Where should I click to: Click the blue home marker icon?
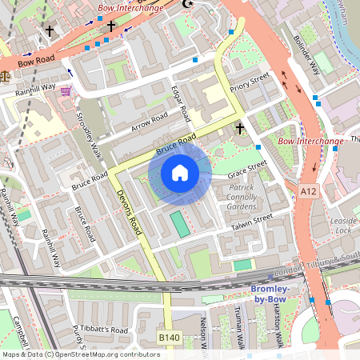pyautogui.click(x=180, y=173)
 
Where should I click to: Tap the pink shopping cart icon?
pyautogui.click(x=66, y=91)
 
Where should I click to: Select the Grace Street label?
pyautogui.click(x=246, y=169)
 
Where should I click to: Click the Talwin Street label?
pyautogui.click(x=252, y=220)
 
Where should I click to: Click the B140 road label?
pyautogui.click(x=170, y=338)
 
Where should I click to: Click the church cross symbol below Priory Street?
pyautogui.click(x=239, y=128)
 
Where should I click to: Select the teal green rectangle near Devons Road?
pyautogui.click(x=180, y=224)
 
